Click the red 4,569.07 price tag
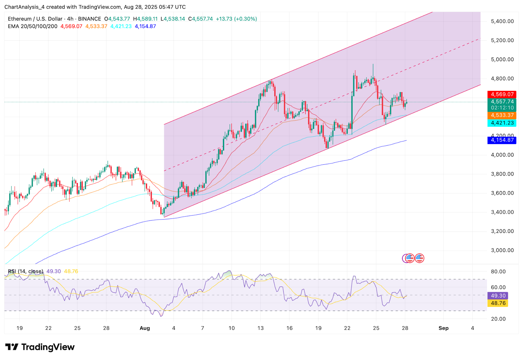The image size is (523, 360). tap(502, 94)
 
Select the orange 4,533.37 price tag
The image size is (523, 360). tap(502, 115)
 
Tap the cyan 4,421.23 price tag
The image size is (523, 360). tap(502, 123)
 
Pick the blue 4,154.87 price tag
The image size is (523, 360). tap(502, 140)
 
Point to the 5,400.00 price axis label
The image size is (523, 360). tap(502, 21)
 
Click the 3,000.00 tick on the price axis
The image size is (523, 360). tap(502, 250)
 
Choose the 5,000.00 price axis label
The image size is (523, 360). tap(502, 59)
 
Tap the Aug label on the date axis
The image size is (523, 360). tap(144, 328)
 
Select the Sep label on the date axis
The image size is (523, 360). tap(443, 328)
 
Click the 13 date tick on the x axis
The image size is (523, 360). tap(260, 328)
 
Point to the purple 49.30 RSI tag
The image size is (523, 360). tap(498, 296)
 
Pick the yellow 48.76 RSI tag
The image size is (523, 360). tap(498, 303)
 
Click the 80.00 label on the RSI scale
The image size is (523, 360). tap(498, 271)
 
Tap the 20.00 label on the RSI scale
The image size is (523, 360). tap(498, 319)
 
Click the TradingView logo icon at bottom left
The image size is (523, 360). tap(12, 347)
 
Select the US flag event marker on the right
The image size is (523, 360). tap(419, 258)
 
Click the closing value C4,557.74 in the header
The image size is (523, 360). tap(200, 19)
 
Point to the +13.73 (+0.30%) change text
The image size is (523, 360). tap(236, 19)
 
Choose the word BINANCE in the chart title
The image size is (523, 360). tap(90, 19)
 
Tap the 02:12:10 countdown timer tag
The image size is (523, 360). tap(502, 108)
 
